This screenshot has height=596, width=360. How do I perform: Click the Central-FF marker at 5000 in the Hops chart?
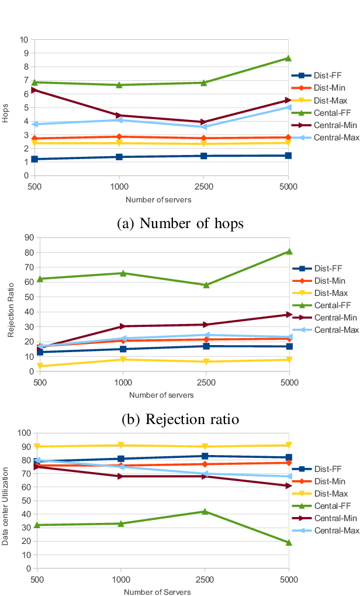click(288, 58)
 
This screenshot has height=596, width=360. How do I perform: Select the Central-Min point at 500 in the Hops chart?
click(35, 90)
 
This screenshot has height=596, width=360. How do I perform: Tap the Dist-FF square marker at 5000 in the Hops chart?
click(288, 156)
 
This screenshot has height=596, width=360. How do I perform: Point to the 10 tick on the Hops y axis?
click(24, 40)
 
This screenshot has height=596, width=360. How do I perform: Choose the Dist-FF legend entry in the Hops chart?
click(319, 75)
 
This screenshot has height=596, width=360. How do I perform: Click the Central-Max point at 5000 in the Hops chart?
click(288, 107)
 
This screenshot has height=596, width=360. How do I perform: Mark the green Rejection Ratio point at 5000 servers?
click(289, 252)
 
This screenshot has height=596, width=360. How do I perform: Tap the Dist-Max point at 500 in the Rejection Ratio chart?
click(39, 366)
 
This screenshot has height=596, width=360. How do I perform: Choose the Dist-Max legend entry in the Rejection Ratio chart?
click(321, 293)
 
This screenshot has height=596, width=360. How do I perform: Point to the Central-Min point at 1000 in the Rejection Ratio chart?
click(123, 326)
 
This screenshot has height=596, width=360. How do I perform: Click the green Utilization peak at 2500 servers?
click(205, 511)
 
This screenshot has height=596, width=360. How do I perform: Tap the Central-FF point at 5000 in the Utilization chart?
click(289, 542)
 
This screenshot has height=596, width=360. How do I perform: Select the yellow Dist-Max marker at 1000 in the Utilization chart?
click(120, 445)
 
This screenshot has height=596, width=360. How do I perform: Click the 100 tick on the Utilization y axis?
click(24, 433)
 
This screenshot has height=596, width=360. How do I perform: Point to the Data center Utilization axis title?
click(5, 506)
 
